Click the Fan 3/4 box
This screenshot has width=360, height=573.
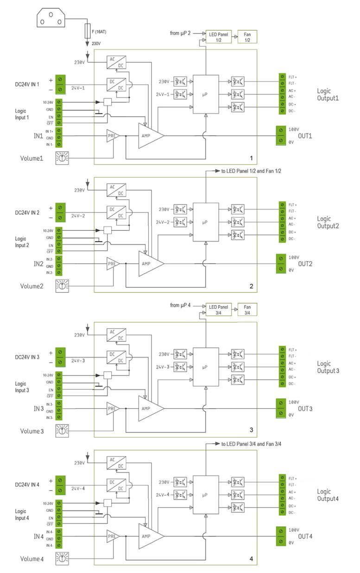[247, 310]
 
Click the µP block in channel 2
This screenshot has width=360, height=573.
[205, 223]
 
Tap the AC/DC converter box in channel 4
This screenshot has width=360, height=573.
[116, 462]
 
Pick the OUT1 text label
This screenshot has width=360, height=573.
[306, 136]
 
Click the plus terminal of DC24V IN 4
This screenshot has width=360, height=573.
[60, 480]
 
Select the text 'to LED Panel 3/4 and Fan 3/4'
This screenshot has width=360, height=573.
[251, 444]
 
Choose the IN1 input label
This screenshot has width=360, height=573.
[38, 137]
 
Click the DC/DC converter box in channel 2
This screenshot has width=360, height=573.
[116, 213]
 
